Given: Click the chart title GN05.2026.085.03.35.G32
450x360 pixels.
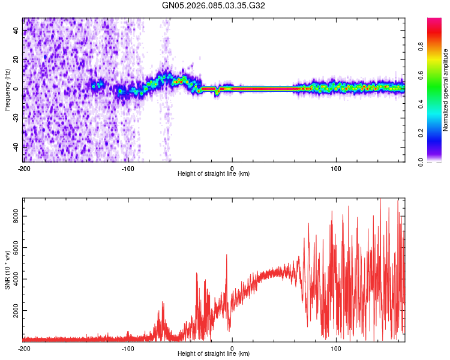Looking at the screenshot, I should pos(214,5).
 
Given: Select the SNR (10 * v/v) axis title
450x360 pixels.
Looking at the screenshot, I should pos(7,270).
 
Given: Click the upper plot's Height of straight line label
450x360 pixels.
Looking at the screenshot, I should pos(214,174).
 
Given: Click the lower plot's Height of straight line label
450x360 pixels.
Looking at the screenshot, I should pos(214,354).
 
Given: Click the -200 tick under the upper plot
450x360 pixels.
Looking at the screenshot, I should pos(24,167).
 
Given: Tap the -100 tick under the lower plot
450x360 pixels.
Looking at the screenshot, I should pos(128,348).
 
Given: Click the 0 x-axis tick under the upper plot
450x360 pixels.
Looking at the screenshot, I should pos(232,167).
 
